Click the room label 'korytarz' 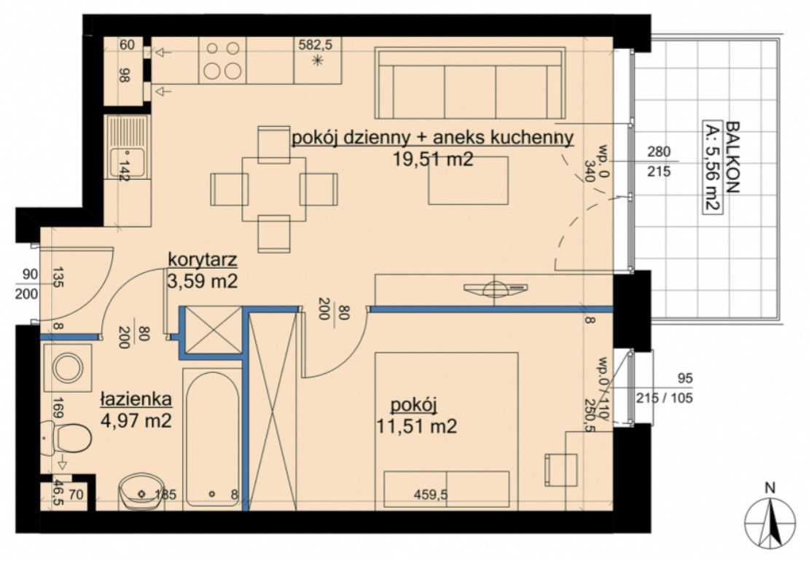tap(203, 259)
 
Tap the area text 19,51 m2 tap(433, 160)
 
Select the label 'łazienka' tap(136, 399)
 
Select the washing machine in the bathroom tap(68, 369)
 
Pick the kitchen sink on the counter tap(126, 146)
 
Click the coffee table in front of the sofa tap(468, 181)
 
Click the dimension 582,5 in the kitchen tap(316, 45)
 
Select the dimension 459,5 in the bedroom tap(431, 495)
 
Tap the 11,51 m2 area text tap(417, 426)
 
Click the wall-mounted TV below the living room tap(495, 289)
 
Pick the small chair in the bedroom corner tap(561, 469)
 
